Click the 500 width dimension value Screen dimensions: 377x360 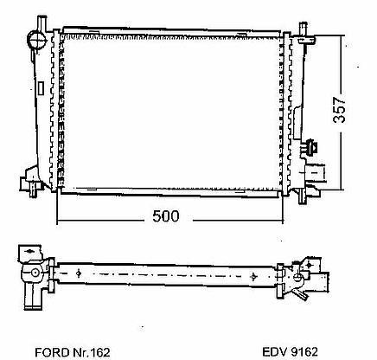166,216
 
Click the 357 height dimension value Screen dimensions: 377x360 339,110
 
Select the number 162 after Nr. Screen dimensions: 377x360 100,352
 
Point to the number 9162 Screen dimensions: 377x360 304,351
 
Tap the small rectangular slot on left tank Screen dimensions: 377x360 41,88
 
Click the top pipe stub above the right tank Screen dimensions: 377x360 304,29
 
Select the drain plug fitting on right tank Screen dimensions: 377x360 311,147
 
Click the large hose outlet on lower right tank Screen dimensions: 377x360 316,173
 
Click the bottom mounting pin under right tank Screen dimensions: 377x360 302,196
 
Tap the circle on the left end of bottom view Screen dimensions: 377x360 35,273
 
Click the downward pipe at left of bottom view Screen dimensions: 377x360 33,297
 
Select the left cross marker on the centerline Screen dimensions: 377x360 79,273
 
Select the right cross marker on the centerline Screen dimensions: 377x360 253,276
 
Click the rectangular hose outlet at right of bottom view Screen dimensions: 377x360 320,283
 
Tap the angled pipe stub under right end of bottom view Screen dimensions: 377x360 300,294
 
